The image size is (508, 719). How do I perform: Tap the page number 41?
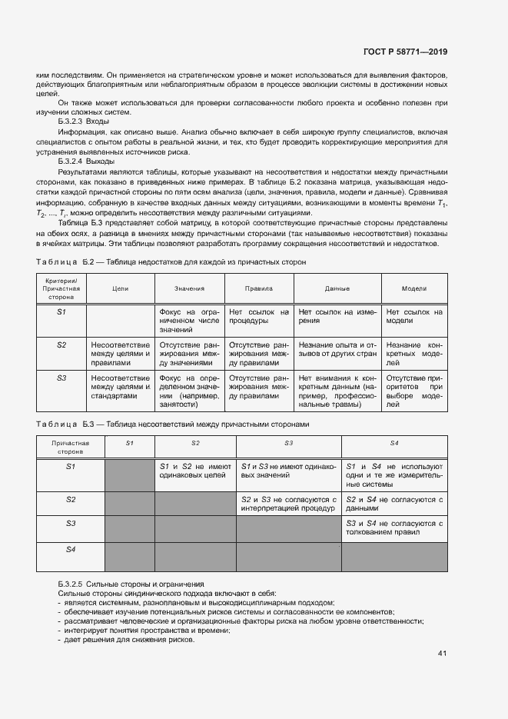click(x=442, y=654)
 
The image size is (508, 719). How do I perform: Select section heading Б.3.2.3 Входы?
click(x=83, y=121)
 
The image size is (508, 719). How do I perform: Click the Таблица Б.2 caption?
click(x=171, y=262)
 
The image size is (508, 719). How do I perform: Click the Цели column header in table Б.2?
click(x=121, y=288)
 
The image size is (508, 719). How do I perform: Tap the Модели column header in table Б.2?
click(x=414, y=288)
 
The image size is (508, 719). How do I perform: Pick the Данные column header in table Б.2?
click(x=337, y=288)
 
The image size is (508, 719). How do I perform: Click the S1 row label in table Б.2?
click(x=62, y=312)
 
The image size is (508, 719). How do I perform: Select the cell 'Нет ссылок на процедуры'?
click(x=258, y=317)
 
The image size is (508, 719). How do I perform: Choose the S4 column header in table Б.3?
click(x=394, y=444)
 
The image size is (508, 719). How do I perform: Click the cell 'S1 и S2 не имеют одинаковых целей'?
click(x=195, y=471)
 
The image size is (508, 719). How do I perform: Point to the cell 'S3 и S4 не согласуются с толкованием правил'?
click(x=394, y=528)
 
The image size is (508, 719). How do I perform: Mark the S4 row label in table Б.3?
click(x=71, y=549)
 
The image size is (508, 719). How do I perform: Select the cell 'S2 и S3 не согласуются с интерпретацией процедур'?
click(x=288, y=504)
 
